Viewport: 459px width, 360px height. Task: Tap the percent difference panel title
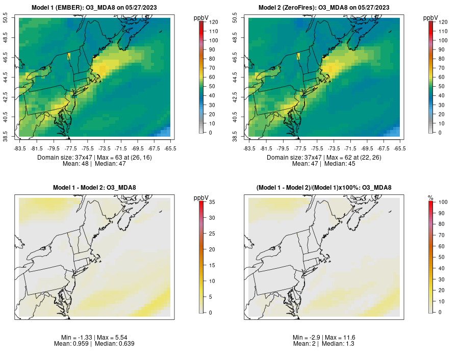[324, 188]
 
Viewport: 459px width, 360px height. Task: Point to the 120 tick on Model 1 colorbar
[214, 22]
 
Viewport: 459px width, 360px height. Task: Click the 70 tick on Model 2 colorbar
[442, 68]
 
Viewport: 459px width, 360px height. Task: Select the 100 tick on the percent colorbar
[443, 202]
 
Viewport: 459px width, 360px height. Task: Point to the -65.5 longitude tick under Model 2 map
[399, 148]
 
